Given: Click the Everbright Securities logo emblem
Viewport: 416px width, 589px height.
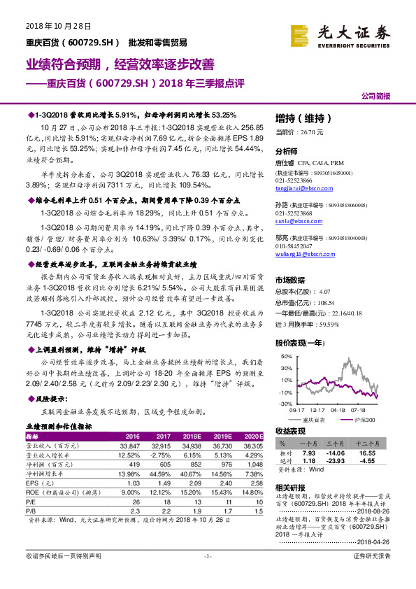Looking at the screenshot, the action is tap(301, 33).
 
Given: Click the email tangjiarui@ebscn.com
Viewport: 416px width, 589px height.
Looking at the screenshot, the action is tap(299, 186).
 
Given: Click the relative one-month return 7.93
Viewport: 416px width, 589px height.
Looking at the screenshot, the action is tap(308, 453).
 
